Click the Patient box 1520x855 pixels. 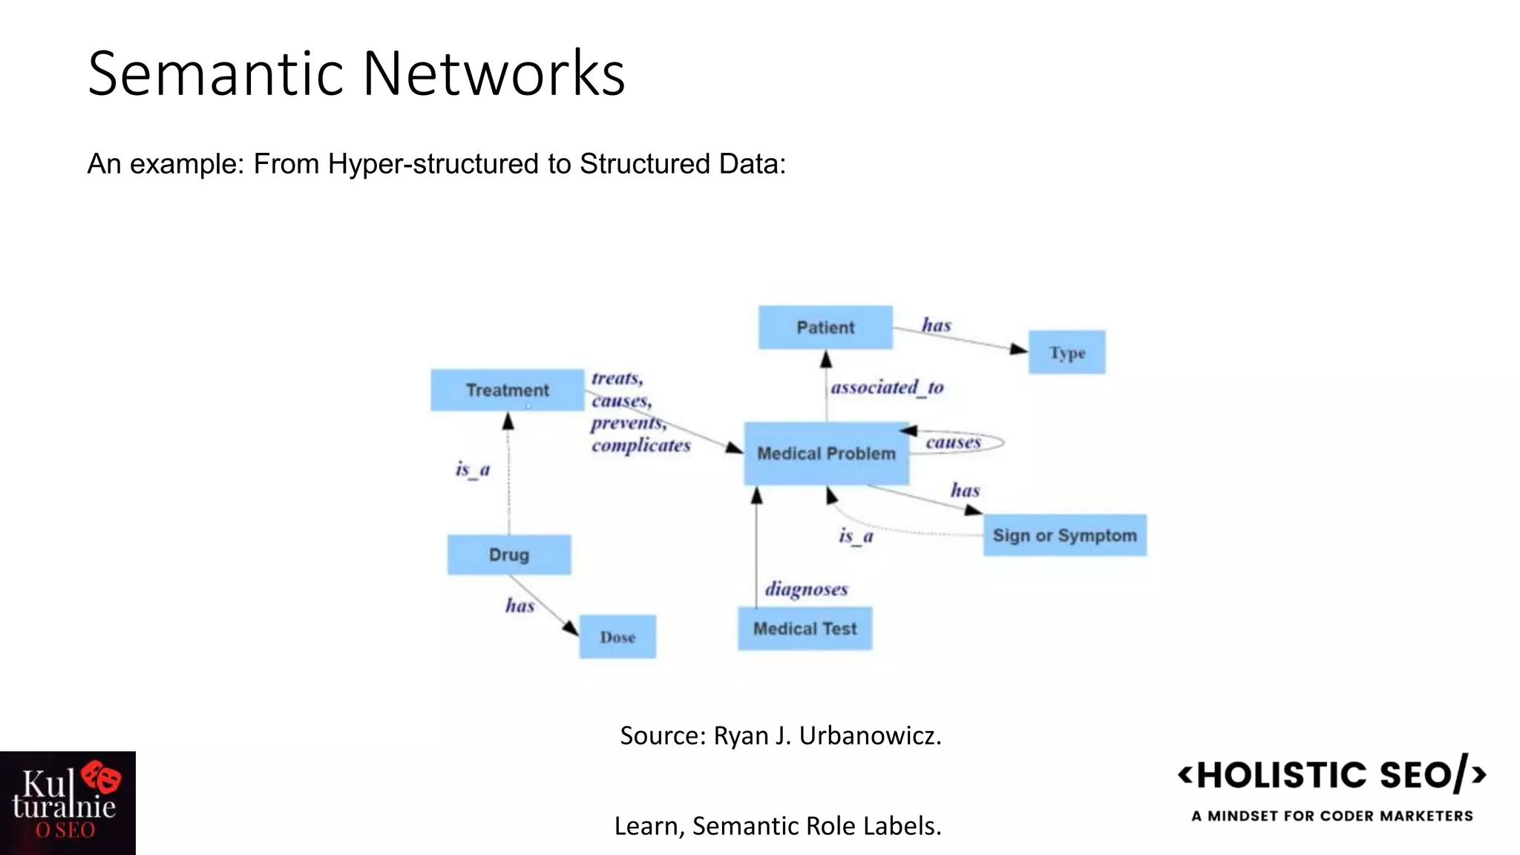[x=825, y=327]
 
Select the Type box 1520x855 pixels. [x=1067, y=353]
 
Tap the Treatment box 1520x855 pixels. [x=507, y=390]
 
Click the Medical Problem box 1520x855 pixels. [x=826, y=453]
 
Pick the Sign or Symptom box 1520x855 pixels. [x=1064, y=535]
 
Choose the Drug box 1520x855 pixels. [x=509, y=554]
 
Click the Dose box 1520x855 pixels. [x=617, y=637]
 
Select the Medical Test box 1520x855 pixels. [x=805, y=629]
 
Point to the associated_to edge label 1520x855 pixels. [x=887, y=387]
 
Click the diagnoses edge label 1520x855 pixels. [x=806, y=589]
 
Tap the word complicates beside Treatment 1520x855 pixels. [x=641, y=445]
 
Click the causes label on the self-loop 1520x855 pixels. [x=953, y=442]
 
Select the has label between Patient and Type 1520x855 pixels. [x=936, y=325]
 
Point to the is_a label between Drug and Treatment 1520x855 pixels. [x=473, y=470]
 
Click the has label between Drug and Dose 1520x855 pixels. [x=520, y=606]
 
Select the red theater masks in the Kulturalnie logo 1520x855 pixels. [x=102, y=777]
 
